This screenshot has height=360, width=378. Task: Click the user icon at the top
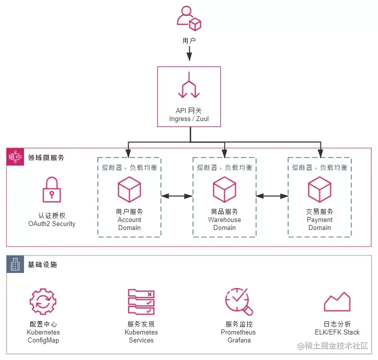click(x=189, y=16)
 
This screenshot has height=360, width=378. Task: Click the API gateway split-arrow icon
click(x=189, y=85)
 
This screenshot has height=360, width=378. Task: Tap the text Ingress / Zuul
click(x=189, y=118)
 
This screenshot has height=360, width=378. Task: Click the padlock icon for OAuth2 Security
click(x=52, y=190)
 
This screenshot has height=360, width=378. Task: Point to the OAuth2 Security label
click(x=52, y=223)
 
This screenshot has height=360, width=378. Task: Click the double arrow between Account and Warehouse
click(x=177, y=196)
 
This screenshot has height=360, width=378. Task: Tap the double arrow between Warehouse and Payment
click(x=272, y=196)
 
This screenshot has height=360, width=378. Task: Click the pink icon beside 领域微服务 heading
click(x=16, y=157)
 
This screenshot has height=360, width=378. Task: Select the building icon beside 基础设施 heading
click(x=16, y=264)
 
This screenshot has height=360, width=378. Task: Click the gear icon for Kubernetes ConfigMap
click(x=43, y=301)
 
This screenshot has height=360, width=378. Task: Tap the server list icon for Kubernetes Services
click(x=141, y=301)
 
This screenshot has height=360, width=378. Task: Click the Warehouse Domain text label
click(x=224, y=223)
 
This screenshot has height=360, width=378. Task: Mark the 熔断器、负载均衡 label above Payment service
click(x=319, y=167)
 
